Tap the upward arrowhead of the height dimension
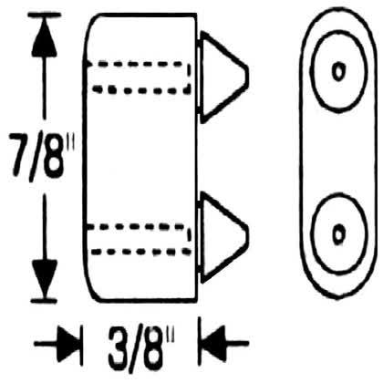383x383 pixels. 45,38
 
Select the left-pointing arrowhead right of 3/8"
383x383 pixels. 213,344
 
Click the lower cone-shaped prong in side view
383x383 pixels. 224,237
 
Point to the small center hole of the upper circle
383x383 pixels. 338,72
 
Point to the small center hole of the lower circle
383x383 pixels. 338,234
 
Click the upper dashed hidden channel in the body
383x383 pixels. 139,78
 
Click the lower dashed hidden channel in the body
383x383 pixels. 139,239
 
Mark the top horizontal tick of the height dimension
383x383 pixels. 45,16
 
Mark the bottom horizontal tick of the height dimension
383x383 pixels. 45,301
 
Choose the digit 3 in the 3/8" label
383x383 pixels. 119,348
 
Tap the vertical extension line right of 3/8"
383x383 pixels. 200,340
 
